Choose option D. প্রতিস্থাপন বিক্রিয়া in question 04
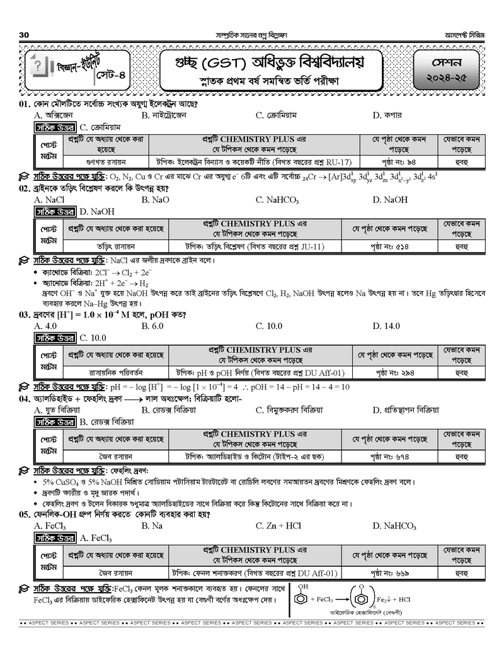(x=405, y=410)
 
